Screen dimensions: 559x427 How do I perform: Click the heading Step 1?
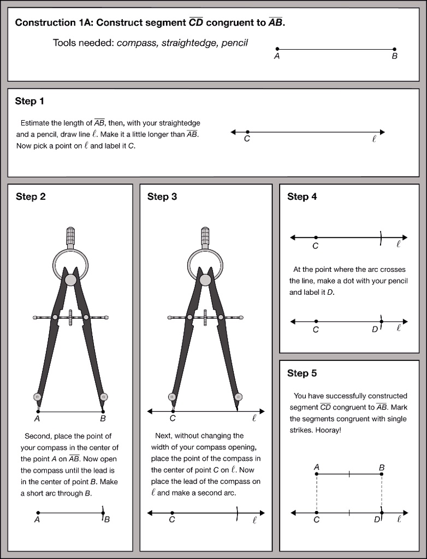(29, 101)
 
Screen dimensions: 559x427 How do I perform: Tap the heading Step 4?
(302, 197)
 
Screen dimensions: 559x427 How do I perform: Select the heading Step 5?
(302, 373)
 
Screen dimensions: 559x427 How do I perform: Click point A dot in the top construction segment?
(277, 49)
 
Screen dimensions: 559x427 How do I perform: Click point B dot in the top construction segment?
(395, 49)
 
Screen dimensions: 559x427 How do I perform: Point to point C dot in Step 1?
(247, 132)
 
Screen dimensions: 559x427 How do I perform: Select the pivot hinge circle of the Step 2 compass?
(70, 279)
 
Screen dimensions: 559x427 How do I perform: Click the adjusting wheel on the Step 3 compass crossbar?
(205, 317)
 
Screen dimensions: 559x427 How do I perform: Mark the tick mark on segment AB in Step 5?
(349, 474)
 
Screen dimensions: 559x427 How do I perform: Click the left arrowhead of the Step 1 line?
(234, 132)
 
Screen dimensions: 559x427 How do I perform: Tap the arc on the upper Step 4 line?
(381, 237)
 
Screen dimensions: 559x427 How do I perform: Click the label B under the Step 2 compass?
(103, 419)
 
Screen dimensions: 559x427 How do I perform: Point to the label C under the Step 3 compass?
(173, 419)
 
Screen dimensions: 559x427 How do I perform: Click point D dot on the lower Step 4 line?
(381, 321)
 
